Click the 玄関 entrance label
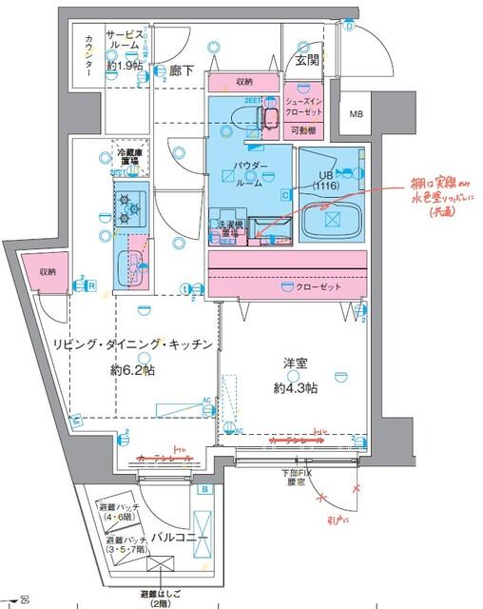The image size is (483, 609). [x=305, y=62]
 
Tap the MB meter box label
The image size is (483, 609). [x=357, y=115]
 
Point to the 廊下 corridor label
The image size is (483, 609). [x=182, y=69]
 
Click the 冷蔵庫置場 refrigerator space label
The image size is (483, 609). [x=128, y=157]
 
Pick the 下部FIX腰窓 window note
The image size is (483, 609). [x=296, y=476]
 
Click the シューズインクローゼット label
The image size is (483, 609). [x=306, y=104]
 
